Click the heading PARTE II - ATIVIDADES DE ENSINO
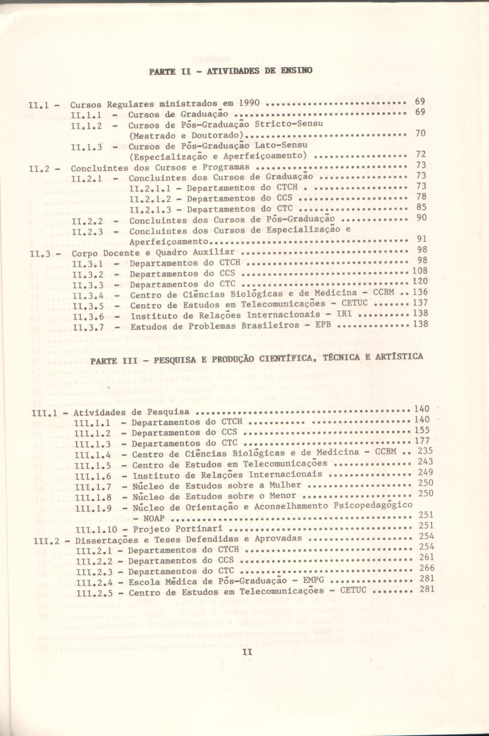point(230,70)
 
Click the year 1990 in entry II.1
point(249,103)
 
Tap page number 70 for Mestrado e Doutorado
point(420,134)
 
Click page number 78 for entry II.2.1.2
point(421,197)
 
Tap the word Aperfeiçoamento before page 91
point(169,242)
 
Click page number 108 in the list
point(420,271)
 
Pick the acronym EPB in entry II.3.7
point(323,325)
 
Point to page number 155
point(422,430)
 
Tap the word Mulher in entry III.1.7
point(285,485)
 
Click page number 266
point(427,568)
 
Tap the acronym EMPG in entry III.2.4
point(313,581)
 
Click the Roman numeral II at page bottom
point(247,653)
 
